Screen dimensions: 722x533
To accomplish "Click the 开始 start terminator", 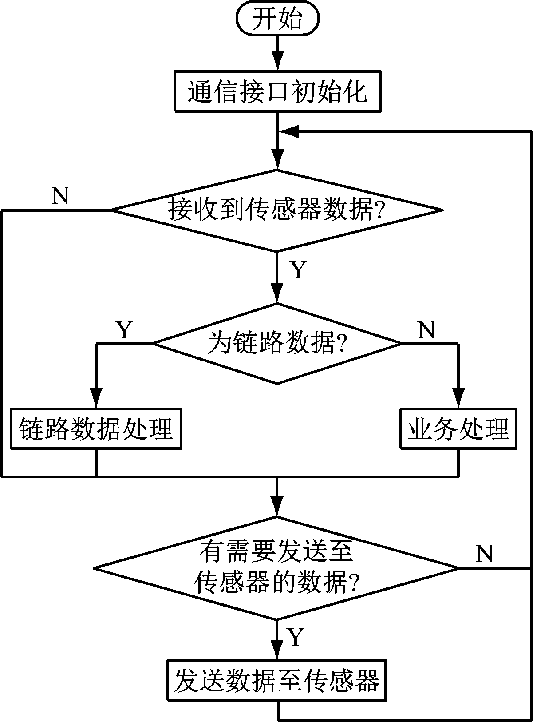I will [278, 20].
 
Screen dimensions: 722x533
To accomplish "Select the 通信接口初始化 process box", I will [278, 91].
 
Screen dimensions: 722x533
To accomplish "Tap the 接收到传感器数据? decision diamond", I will [277, 210].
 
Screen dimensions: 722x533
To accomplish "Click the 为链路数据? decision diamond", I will [277, 343].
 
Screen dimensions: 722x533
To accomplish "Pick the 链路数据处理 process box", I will [96, 429].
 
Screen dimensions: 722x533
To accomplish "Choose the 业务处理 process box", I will [458, 429].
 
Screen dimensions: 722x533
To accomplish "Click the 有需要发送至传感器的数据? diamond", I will [277, 568].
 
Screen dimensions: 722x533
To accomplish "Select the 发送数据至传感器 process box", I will [277, 682].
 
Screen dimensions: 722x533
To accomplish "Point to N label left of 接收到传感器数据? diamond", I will [60, 195].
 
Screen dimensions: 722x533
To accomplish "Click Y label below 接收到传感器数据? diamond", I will [298, 270].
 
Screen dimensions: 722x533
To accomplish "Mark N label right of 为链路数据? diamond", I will [426, 330].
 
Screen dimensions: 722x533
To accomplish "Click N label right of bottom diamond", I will [485, 554].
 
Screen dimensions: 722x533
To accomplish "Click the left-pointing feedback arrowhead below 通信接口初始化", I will [289, 131].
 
